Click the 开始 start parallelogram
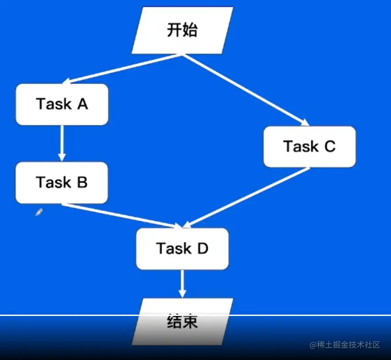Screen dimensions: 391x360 182,30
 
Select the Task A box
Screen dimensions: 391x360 62,104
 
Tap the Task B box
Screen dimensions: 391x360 62,183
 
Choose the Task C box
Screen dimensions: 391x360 309,147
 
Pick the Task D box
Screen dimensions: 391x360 182,249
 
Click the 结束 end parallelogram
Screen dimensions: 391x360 182,322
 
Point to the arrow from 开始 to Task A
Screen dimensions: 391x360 122,69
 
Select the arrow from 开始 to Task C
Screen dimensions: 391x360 246,90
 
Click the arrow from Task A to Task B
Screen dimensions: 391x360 62,143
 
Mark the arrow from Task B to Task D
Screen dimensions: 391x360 122,216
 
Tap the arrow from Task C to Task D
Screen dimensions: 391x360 246,197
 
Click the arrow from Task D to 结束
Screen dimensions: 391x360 182,284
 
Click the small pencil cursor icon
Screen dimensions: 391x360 39,212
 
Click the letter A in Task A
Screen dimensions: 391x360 82,104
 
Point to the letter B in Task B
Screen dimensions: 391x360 82,182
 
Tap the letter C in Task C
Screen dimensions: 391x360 330,146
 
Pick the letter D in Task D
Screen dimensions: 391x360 203,249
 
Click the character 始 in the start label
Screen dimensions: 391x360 190,30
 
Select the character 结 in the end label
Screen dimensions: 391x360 175,322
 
